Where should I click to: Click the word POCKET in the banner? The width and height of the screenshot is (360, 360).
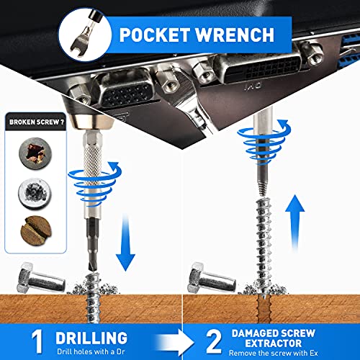click(x=155, y=35)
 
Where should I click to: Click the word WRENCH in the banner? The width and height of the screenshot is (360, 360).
click(x=235, y=35)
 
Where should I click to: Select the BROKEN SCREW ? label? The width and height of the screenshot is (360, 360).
click(x=36, y=122)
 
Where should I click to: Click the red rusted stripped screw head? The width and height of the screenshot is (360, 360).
click(x=35, y=153)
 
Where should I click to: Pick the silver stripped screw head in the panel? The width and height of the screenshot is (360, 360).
click(x=35, y=193)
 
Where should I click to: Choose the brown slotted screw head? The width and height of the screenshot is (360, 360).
click(x=36, y=230)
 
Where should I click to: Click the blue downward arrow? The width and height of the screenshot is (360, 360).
click(x=125, y=243)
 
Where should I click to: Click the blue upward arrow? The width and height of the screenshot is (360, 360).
click(x=294, y=222)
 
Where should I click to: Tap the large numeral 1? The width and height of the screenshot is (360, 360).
click(x=37, y=341)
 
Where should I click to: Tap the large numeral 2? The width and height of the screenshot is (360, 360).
click(x=214, y=341)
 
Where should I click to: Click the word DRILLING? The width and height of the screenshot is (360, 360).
click(x=91, y=338)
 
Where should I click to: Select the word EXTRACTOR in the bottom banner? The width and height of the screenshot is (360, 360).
click(x=274, y=343)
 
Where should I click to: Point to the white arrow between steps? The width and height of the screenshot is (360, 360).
click(x=175, y=343)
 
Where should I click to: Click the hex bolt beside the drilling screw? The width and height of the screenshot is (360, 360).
click(x=41, y=278)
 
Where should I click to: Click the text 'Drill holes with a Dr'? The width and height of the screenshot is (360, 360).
click(x=91, y=351)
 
